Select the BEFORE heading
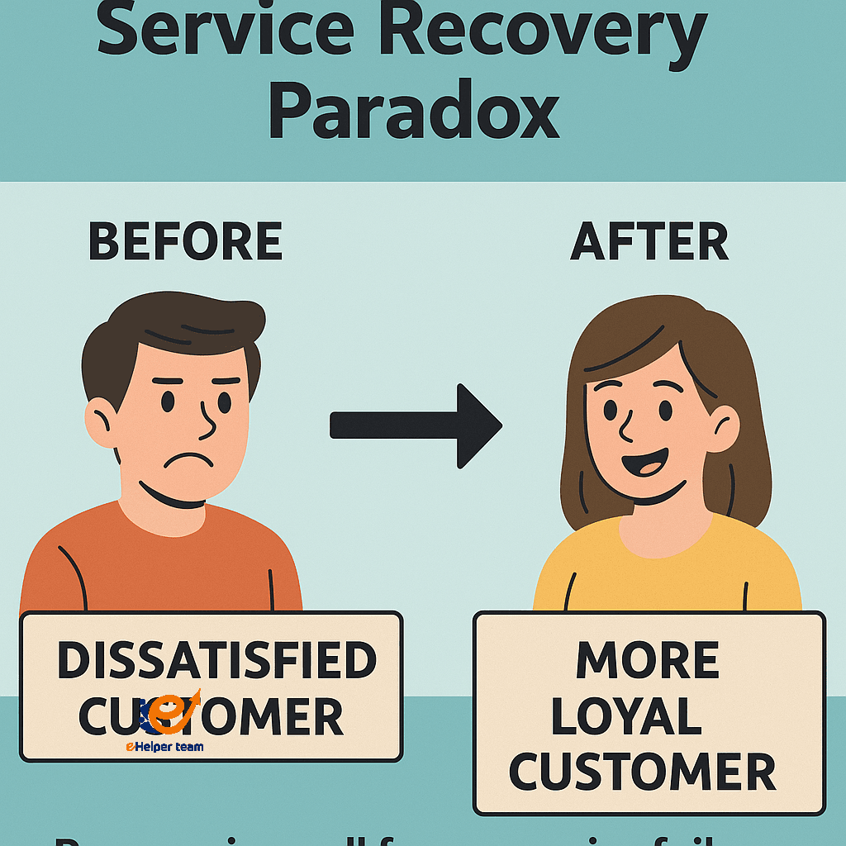pyautogui.click(x=185, y=242)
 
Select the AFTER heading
pyautogui.click(x=649, y=242)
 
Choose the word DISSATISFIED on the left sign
pyautogui.click(x=216, y=661)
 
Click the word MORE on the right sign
pyautogui.click(x=648, y=661)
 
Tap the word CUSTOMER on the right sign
pyautogui.click(x=642, y=772)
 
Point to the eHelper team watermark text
pyautogui.click(x=164, y=747)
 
